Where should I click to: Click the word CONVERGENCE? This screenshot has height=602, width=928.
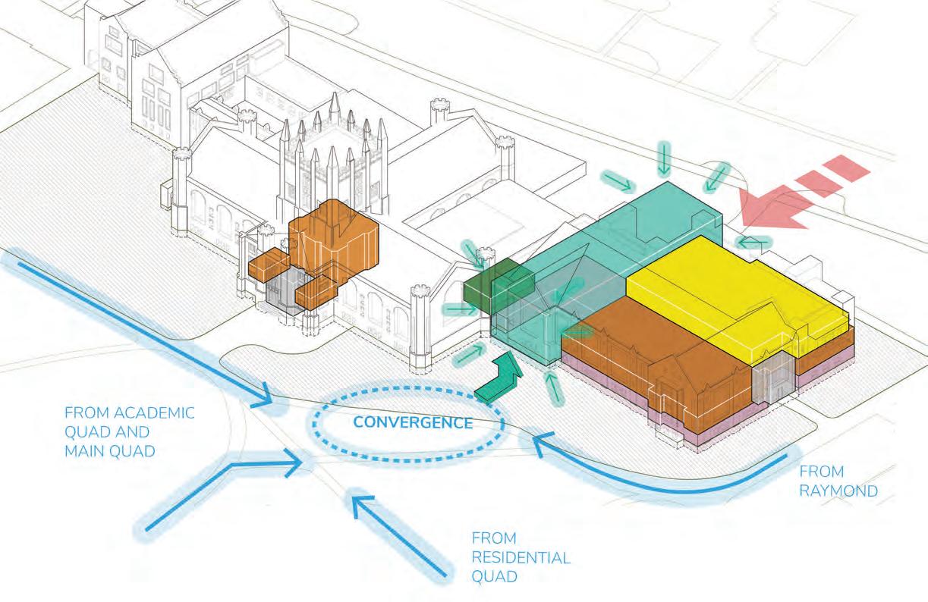tap(408, 422)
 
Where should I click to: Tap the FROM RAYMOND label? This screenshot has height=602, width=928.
tap(838, 481)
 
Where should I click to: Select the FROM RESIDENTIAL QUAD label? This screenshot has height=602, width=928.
tap(521, 557)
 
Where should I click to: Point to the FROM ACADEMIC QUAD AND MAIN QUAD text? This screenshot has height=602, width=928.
tap(130, 432)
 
